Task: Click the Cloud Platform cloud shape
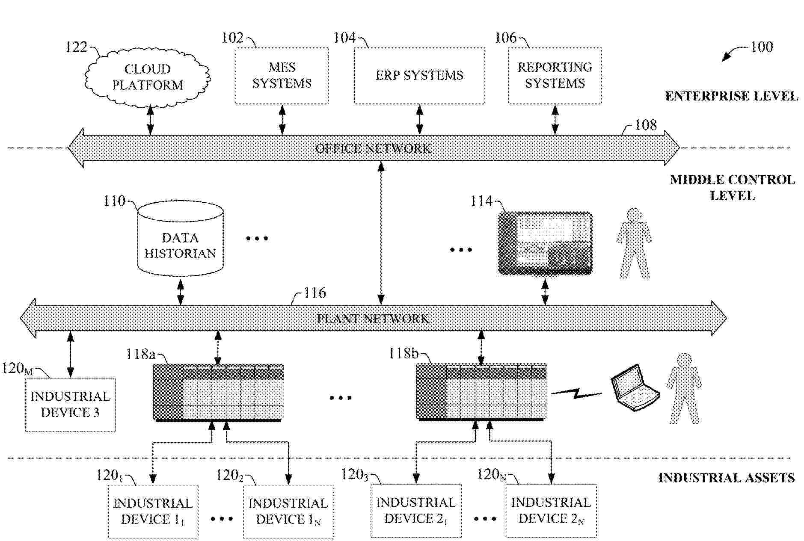(148, 77)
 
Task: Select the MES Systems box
(282, 76)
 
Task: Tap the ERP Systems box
(419, 76)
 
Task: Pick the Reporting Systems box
(555, 76)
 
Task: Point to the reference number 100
(762, 47)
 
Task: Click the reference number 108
(645, 125)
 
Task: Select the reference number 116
(314, 293)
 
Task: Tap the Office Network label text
(373, 148)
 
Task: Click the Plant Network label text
(373, 319)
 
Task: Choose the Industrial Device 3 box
(70, 404)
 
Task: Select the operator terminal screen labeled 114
(546, 243)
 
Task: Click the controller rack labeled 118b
(481, 391)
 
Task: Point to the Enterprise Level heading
(731, 96)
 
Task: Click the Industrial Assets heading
(726, 478)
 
